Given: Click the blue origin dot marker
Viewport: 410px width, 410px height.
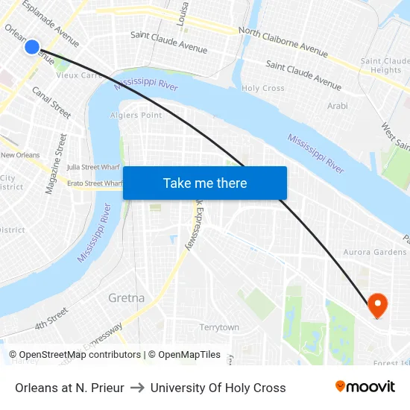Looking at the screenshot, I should pos(31,47).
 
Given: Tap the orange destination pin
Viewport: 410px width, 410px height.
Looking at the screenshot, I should pos(377,303).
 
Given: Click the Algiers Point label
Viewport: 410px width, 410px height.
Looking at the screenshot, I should pos(136,116).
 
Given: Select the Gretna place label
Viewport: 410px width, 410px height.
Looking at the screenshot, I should pos(126,298).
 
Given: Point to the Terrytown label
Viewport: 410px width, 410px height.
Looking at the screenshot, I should pos(219,327).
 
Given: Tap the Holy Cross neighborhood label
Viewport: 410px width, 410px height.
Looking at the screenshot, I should pos(263,88).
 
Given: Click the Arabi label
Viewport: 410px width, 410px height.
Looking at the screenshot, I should pos(337,106).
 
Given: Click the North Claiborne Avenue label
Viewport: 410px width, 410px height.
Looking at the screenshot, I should pos(283,42).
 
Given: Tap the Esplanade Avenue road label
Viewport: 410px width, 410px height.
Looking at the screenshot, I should pos(51,23).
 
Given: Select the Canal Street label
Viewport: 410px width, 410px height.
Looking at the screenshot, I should pos(51,102).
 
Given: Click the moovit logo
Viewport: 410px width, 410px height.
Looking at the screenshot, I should pos(365,387).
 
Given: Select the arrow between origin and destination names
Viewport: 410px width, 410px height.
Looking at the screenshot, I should pos(137,388).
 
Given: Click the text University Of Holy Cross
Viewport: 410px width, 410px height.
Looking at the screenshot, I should pos(218,388).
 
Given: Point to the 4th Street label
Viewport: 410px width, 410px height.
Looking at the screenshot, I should pos(52,319).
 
